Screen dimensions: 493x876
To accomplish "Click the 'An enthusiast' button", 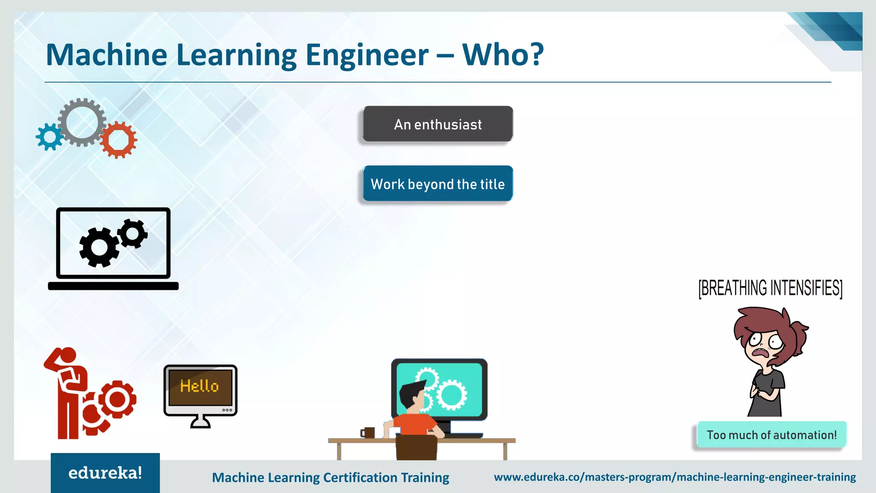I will coord(438,124).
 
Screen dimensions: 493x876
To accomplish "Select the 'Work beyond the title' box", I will coord(438,184).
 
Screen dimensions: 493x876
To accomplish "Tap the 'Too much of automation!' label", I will coord(771,435).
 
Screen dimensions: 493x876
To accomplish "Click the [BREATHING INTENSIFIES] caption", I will coord(770,288).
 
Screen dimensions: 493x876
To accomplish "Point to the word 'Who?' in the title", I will coord(503,55).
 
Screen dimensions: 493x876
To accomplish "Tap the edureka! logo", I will coord(105,473).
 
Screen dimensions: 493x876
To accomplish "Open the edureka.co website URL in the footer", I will coord(675,477).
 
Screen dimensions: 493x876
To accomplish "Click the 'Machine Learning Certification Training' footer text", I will coord(330,477).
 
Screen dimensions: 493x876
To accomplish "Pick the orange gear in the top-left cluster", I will coord(119,140).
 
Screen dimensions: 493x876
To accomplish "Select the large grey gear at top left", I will coord(81,122).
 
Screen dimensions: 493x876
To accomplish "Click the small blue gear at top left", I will coord(50,137).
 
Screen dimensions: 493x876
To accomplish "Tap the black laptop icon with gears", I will coord(113,248).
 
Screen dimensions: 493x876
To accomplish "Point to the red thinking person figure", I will coord(68,392).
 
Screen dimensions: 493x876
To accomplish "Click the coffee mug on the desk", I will coord(368,433).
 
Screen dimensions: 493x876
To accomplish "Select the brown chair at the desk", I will coord(416,447).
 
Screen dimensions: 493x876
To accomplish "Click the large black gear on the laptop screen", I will coord(99,247).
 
